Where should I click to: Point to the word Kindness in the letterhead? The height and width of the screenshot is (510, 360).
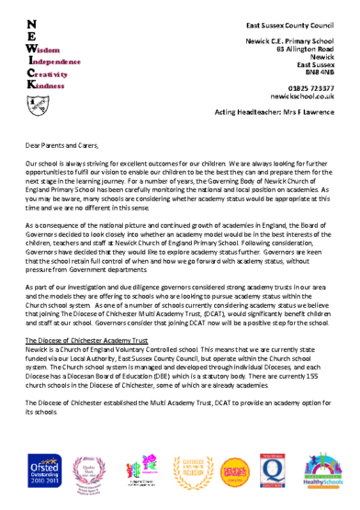click(x=47, y=85)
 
